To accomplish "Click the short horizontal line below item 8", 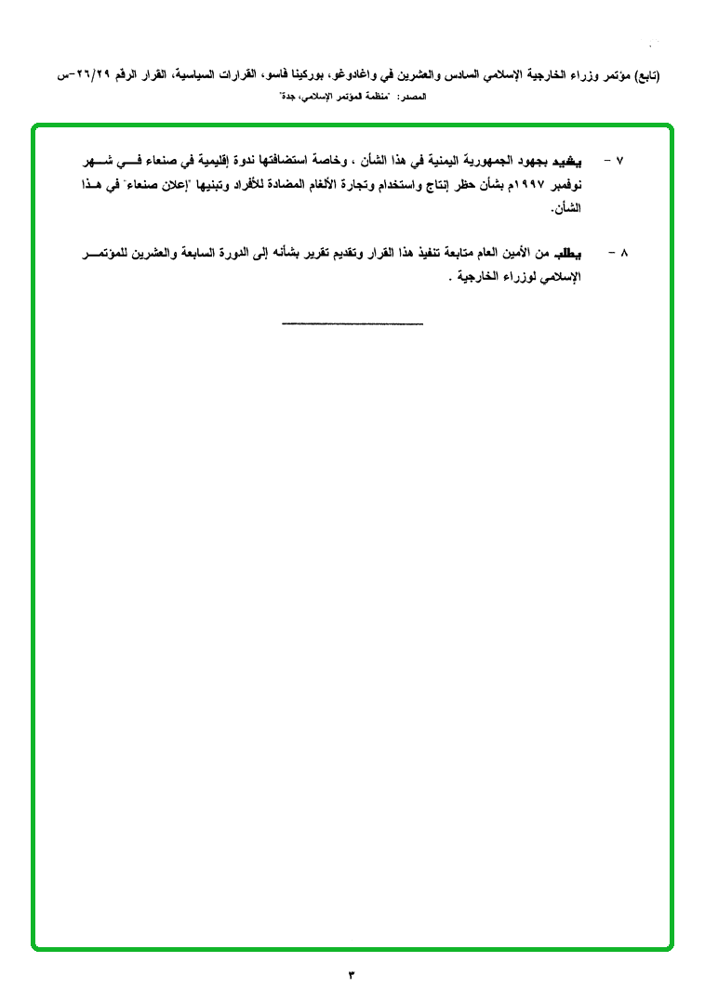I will coord(352,323).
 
